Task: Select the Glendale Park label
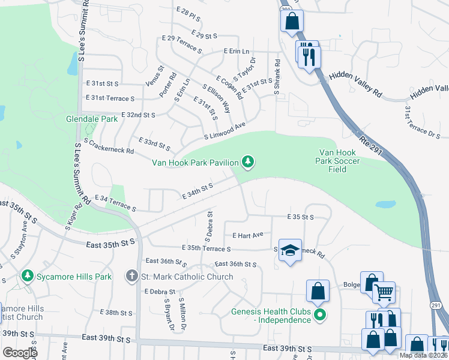[x=91, y=119]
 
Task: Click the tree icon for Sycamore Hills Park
[x=27, y=277]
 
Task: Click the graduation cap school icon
[x=290, y=250]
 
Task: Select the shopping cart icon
[x=384, y=293]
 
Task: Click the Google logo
[x=20, y=353]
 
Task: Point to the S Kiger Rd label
[x=73, y=218]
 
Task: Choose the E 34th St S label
[x=197, y=191]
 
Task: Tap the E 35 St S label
[x=301, y=216]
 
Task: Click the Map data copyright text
[x=424, y=355]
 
